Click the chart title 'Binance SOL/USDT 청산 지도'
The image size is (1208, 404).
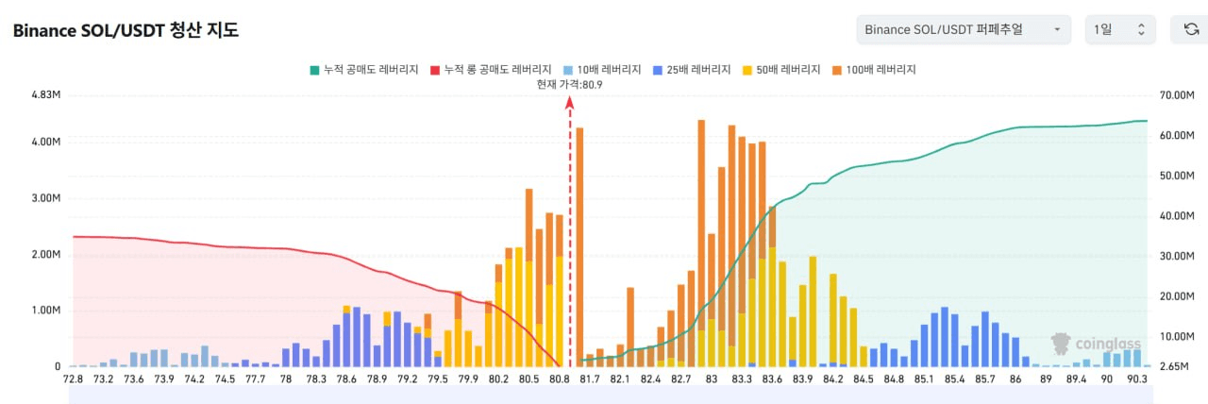[x=126, y=30]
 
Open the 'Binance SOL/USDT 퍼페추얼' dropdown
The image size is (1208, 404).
[x=964, y=30]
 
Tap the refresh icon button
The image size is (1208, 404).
[x=1191, y=30]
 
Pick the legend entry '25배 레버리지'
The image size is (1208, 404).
[x=692, y=70]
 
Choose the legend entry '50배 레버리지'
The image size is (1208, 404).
[x=781, y=70]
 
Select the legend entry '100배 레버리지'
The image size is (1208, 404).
[x=875, y=70]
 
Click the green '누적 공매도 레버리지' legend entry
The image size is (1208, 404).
[x=364, y=70]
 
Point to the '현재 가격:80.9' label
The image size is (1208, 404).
[x=569, y=84]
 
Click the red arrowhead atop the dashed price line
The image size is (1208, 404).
[x=570, y=103]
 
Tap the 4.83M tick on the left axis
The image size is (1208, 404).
[x=46, y=95]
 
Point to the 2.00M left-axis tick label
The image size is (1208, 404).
[x=46, y=255]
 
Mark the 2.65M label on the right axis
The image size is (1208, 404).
[x=1173, y=366]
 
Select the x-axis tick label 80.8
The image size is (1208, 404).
[x=559, y=379]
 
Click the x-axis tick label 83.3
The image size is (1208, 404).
[x=742, y=379]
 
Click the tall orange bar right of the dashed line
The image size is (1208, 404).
[x=579, y=245]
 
